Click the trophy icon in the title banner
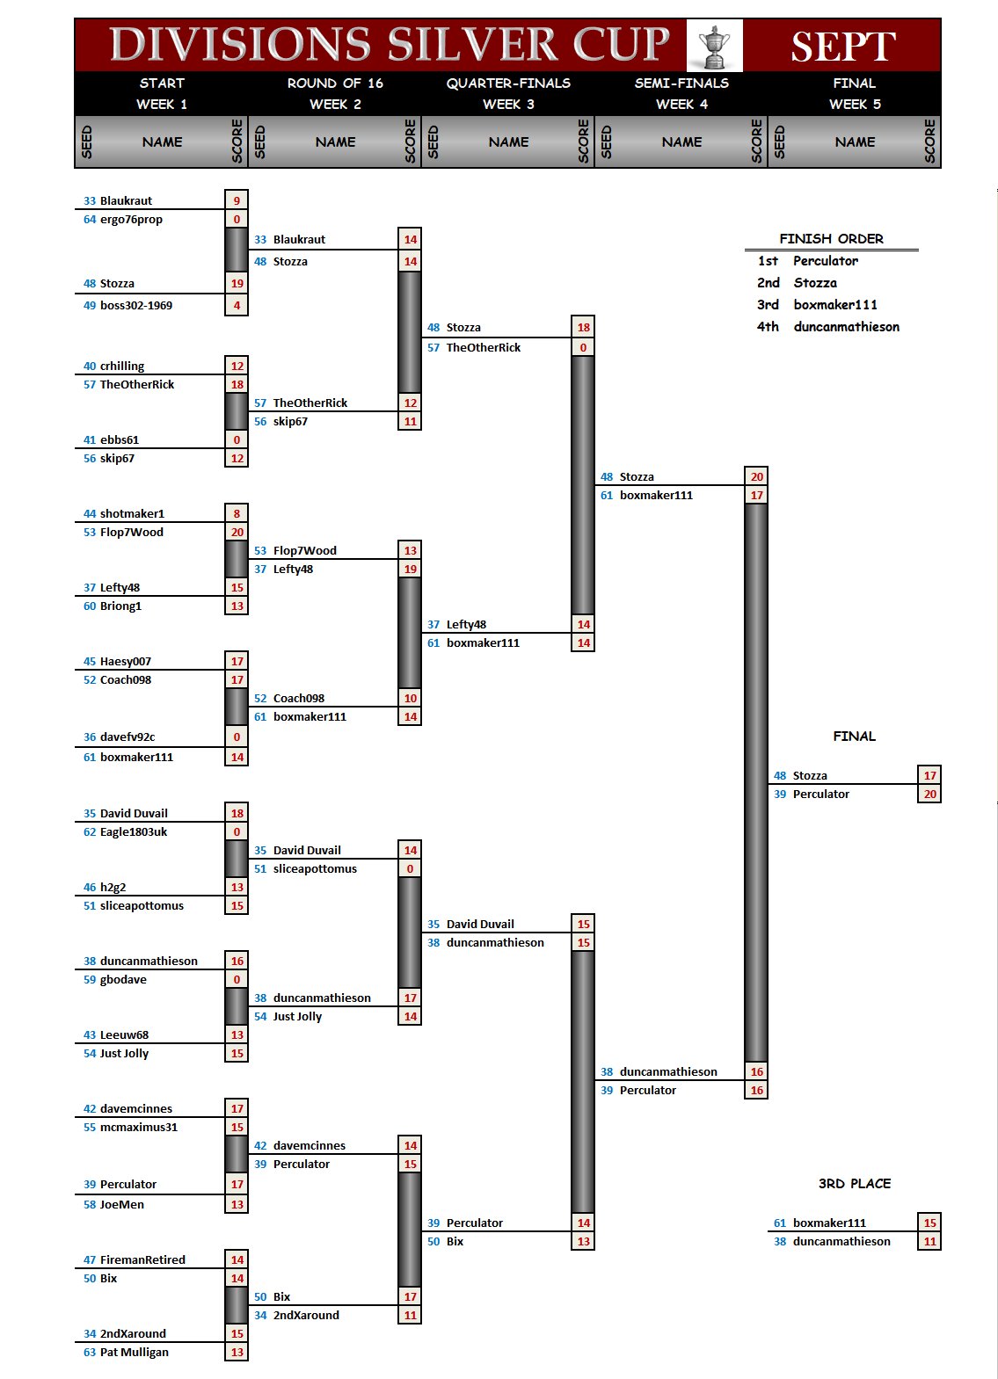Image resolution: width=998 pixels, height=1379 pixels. click(x=714, y=46)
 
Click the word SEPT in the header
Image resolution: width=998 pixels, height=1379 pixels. click(x=842, y=47)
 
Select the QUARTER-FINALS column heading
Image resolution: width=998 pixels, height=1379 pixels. click(x=508, y=83)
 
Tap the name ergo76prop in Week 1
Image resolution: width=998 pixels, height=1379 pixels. click(x=131, y=220)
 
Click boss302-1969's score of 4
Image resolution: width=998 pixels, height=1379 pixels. click(x=237, y=306)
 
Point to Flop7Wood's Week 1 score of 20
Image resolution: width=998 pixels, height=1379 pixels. click(x=237, y=533)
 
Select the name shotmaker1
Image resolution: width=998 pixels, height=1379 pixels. click(x=132, y=514)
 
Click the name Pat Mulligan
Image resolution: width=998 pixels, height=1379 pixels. click(x=134, y=1353)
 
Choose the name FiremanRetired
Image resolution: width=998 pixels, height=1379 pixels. click(x=142, y=1260)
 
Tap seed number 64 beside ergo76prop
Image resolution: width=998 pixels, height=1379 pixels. click(x=90, y=220)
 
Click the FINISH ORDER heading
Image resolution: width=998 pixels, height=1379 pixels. click(x=831, y=239)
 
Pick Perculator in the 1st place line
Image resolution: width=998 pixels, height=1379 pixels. click(x=825, y=261)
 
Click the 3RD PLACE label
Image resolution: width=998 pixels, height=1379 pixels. click(x=854, y=1184)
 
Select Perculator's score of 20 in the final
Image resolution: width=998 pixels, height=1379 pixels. click(x=929, y=795)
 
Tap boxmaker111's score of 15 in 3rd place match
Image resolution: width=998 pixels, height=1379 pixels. click(x=929, y=1223)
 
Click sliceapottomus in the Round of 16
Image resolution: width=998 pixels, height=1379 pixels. click(x=315, y=869)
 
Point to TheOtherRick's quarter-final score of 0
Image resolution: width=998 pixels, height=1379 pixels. click(x=583, y=348)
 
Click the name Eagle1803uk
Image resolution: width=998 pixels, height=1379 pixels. click(x=133, y=832)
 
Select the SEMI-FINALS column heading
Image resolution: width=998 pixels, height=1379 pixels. click(x=681, y=83)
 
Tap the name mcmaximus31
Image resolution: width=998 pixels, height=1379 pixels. click(x=138, y=1128)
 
